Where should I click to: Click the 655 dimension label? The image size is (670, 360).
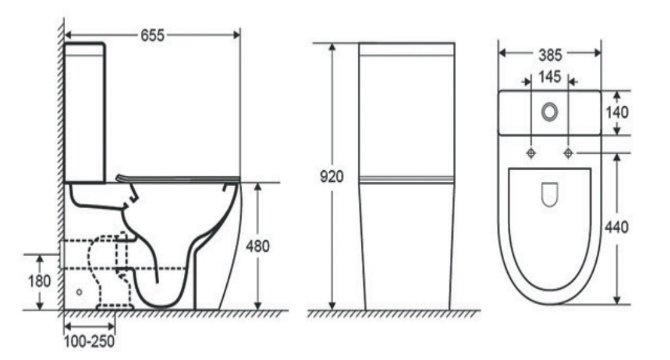point(152,36)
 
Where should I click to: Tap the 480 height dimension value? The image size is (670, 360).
point(258,246)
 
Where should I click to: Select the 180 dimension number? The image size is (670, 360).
point(39,281)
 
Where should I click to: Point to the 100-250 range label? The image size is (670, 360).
point(89,341)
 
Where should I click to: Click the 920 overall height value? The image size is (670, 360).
point(331,176)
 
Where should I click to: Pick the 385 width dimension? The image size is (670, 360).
point(550,55)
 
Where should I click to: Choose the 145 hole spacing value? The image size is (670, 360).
point(550,77)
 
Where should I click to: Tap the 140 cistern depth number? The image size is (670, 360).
point(617,112)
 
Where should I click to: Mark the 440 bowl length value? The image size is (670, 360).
point(617,227)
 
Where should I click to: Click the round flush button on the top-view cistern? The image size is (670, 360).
point(550,112)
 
